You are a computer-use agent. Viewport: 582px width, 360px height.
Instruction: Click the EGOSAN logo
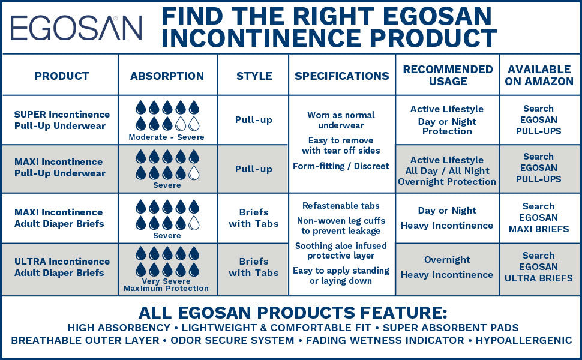point(76,28)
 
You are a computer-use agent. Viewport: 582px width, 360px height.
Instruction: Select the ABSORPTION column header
point(167,76)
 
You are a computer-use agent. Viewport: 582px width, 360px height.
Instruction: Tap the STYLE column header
point(254,76)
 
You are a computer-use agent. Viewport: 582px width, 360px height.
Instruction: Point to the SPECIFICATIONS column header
point(342,76)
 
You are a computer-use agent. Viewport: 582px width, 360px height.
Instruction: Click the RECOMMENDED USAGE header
point(448,75)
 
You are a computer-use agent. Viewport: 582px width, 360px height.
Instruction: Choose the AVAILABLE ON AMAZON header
point(539,75)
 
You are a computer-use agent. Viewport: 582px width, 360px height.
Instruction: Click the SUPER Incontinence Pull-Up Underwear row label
point(62,120)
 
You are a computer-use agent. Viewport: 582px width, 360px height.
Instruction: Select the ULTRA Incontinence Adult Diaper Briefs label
point(62,267)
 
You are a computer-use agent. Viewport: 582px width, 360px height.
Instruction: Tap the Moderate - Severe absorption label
point(167,137)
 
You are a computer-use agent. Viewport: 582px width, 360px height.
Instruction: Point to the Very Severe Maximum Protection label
point(167,285)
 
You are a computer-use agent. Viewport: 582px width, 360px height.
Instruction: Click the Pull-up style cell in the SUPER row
point(253,120)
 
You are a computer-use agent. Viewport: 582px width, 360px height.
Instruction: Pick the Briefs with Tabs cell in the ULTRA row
point(253,267)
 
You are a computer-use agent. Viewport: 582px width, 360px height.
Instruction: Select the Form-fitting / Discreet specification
point(341,166)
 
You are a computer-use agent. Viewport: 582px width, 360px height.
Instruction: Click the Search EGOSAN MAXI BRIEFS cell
point(539,218)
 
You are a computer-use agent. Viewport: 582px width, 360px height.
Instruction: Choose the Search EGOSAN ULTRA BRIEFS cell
point(539,267)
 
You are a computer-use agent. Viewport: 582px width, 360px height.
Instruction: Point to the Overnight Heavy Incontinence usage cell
point(447,268)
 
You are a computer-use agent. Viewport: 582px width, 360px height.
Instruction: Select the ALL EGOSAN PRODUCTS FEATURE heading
point(293,313)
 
